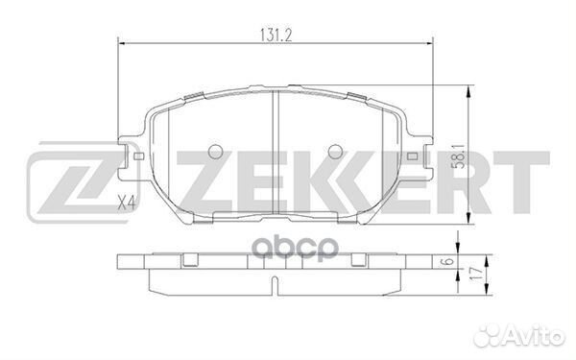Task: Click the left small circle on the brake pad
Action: tap(214, 152)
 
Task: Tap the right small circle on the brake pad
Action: tap(335, 152)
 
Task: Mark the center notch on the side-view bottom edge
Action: tap(276, 285)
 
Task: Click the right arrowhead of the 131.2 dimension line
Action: tap(431, 42)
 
